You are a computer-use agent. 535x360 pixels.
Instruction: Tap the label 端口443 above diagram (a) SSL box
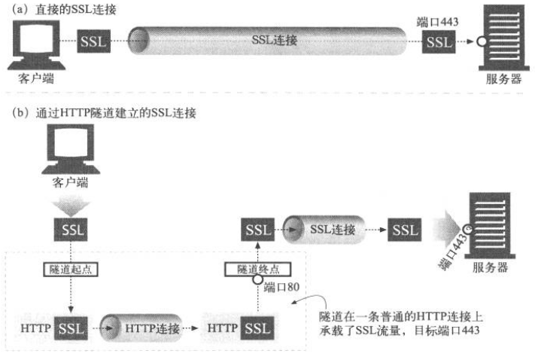click(436, 23)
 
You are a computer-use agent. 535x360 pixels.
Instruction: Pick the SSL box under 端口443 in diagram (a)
click(437, 41)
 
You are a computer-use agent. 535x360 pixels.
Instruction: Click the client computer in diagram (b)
click(70, 151)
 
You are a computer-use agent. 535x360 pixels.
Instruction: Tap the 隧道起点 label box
click(70, 269)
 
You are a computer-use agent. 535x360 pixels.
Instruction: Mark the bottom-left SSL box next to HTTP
click(70, 329)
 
